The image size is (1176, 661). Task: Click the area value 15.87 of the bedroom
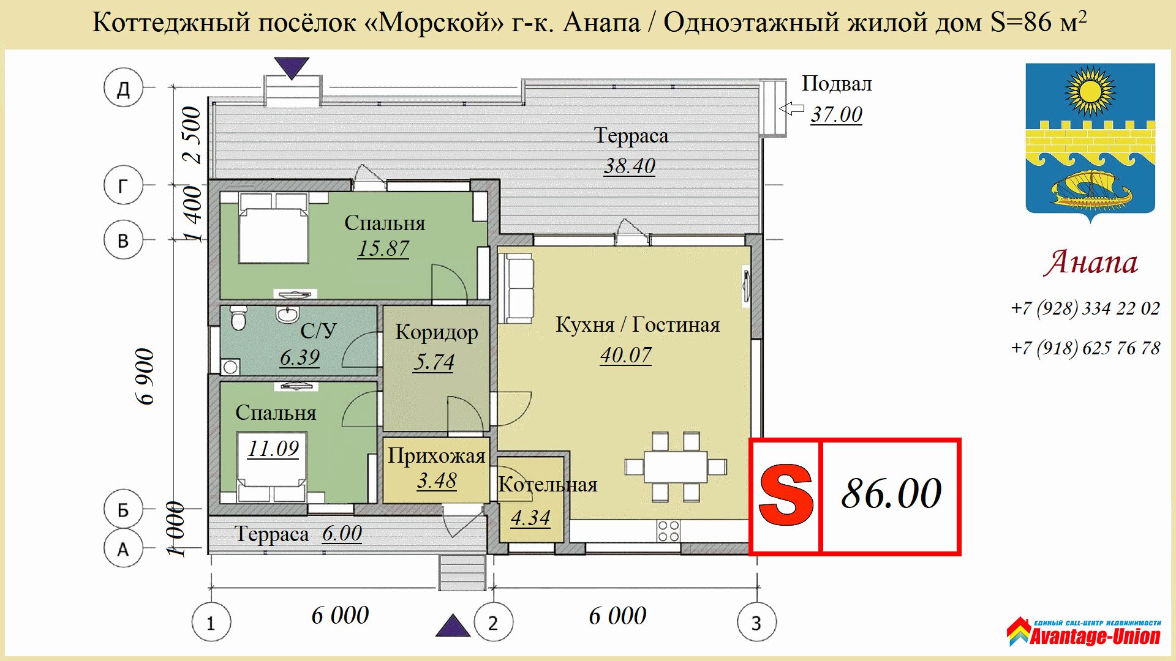click(x=383, y=248)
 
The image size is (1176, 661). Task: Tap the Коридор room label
click(x=437, y=332)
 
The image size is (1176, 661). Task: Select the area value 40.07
click(x=626, y=355)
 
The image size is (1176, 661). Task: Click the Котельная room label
click(x=548, y=484)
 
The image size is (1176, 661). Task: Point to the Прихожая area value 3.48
click(x=437, y=480)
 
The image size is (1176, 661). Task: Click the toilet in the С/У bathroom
click(x=238, y=318)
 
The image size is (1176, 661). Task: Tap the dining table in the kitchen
click(x=676, y=467)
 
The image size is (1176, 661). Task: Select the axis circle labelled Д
click(x=123, y=88)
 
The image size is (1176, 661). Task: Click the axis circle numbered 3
click(x=757, y=622)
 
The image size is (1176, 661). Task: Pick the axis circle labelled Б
click(x=123, y=509)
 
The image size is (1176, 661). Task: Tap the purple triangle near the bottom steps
click(x=453, y=626)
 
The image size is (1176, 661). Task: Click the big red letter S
click(x=786, y=495)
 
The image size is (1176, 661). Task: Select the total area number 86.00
click(x=891, y=493)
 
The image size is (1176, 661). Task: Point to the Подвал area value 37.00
click(x=837, y=114)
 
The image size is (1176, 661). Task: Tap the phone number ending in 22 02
click(x=1085, y=308)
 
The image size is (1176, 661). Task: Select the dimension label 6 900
click(x=145, y=376)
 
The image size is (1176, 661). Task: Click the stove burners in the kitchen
click(x=668, y=531)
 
